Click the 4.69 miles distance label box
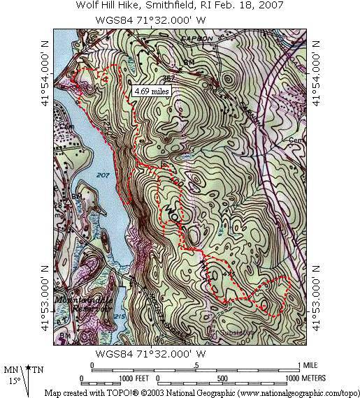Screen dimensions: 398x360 [x=151, y=90]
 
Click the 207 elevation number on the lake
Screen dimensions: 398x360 [x=104, y=173]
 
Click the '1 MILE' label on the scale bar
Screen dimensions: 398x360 [x=310, y=365]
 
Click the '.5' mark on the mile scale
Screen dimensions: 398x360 [x=195, y=365]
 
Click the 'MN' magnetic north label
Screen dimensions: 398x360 [x=12, y=369]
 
